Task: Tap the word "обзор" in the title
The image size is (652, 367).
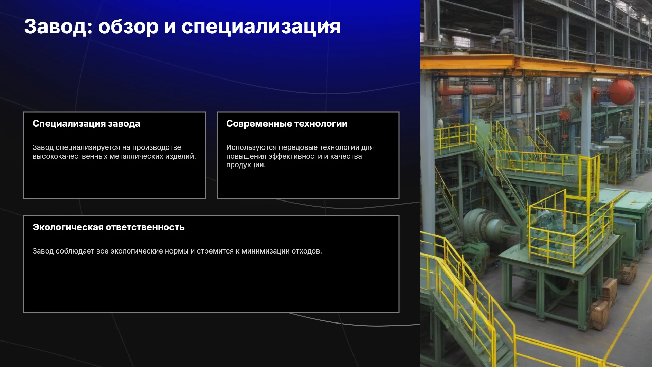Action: point(128,27)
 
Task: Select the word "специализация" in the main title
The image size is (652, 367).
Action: point(261,27)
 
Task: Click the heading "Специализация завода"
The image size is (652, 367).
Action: point(86,124)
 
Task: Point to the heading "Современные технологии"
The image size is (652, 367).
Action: point(287,124)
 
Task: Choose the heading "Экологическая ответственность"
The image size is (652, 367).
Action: point(108,227)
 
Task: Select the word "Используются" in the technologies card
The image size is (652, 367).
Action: point(251,147)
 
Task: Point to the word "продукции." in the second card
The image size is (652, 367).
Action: point(246,165)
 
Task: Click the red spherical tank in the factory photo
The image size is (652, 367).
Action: point(621,91)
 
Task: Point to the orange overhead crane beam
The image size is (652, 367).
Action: point(536,66)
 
